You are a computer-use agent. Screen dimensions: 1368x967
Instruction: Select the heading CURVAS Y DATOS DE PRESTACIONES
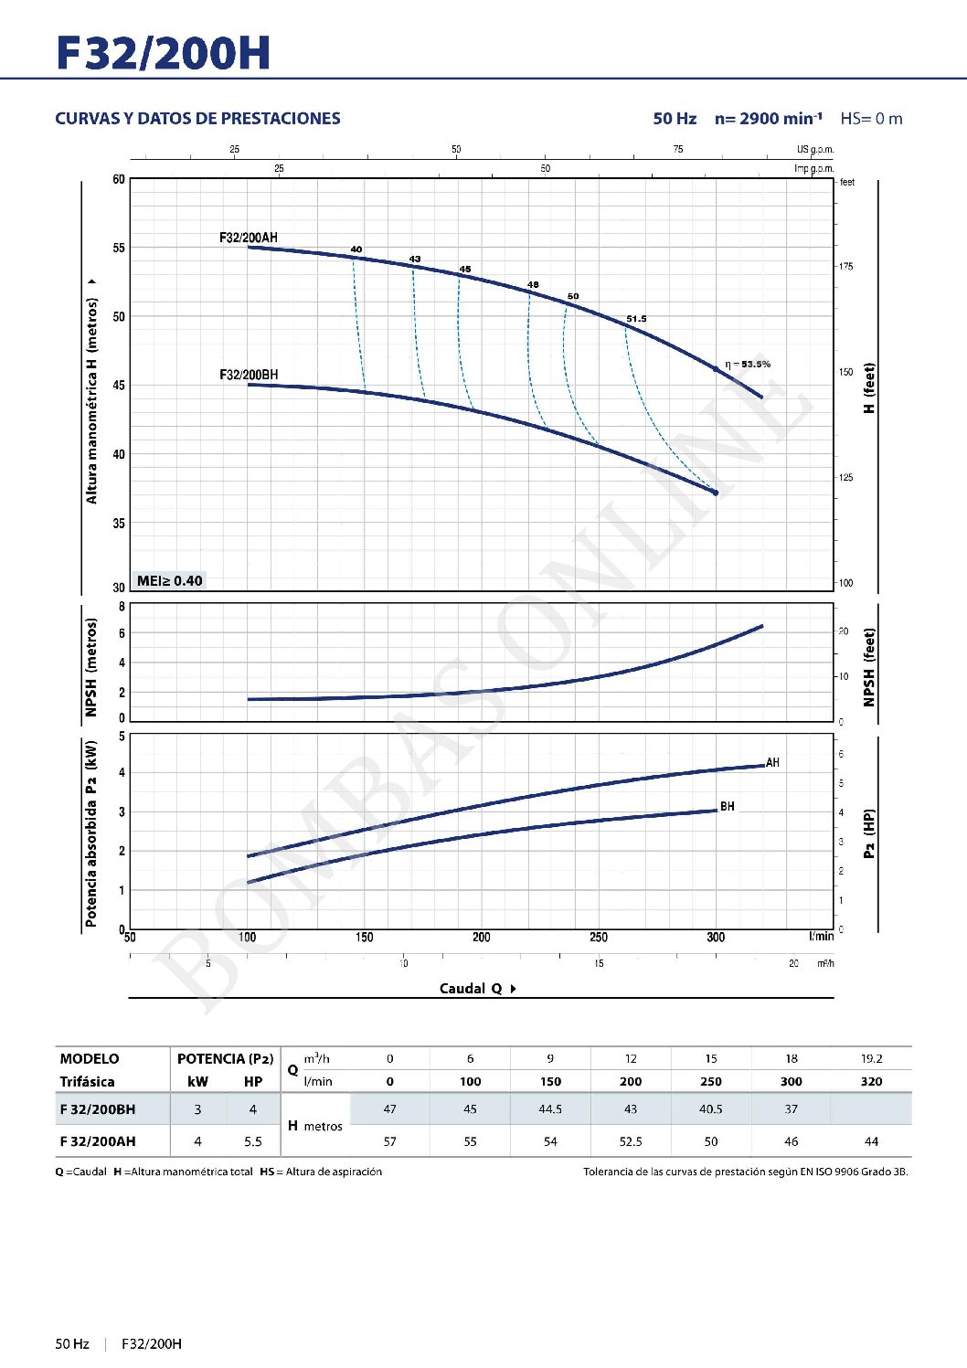[x=197, y=119]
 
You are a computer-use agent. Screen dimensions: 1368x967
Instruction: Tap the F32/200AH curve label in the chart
[x=248, y=238]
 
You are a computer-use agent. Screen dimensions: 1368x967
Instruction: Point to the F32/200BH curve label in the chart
[x=249, y=375]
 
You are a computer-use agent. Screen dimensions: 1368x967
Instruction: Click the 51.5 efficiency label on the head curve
[x=636, y=319]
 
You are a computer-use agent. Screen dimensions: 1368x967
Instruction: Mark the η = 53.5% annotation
[x=748, y=364]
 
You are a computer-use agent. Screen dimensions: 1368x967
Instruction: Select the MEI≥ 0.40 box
[x=169, y=581]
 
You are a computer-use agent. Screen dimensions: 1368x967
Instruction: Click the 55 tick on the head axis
[x=119, y=248]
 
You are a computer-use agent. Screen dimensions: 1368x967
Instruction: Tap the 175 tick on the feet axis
[x=846, y=267]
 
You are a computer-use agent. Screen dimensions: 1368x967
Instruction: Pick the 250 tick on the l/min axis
[x=599, y=937]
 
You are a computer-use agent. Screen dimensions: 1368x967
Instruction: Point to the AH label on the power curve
[x=773, y=763]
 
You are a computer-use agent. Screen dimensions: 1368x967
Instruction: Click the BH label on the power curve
[x=728, y=806]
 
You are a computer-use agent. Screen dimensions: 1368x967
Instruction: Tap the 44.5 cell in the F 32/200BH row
[x=550, y=1109]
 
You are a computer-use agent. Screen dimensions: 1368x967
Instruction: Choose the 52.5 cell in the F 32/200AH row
[x=631, y=1141]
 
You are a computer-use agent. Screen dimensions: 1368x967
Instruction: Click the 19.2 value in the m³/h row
[x=871, y=1058]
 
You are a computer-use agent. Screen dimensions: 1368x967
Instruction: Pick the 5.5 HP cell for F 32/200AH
[x=253, y=1141]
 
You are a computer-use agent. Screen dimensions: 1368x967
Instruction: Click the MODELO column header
[x=90, y=1058]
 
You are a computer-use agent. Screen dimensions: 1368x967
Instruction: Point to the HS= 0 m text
[x=871, y=119]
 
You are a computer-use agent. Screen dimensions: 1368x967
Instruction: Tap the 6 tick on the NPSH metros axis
[x=122, y=633]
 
